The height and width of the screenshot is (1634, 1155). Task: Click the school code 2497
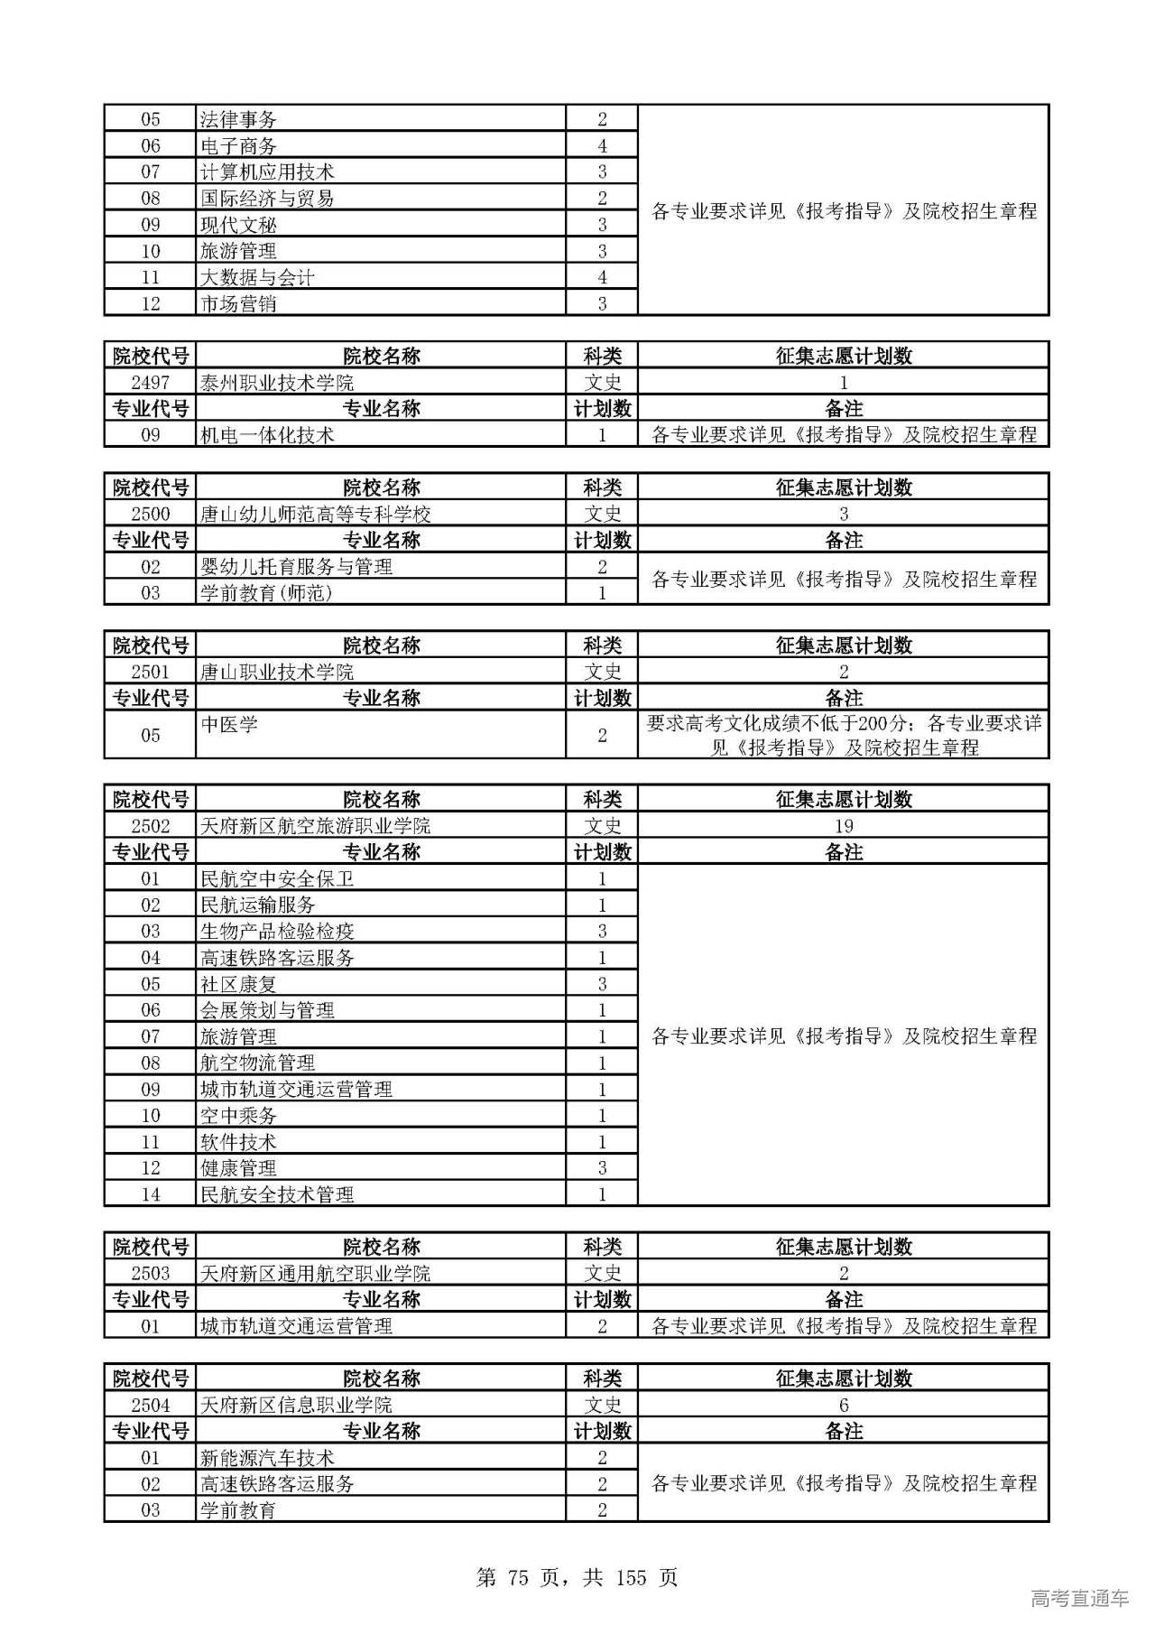150,383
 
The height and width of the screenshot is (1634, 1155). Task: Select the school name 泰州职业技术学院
277,383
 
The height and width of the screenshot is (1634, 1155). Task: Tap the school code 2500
150,515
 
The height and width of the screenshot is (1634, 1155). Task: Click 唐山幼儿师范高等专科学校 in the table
315,515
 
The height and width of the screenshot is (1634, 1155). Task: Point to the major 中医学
229,725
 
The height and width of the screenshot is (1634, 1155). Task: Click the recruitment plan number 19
843,826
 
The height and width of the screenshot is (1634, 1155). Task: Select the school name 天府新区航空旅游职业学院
315,826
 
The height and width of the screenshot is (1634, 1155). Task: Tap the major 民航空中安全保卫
277,879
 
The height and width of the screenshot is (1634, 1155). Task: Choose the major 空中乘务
238,1116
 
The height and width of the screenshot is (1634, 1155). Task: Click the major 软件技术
238,1142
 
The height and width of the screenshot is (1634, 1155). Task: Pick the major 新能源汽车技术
267,1458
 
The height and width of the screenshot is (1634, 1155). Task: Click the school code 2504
150,1406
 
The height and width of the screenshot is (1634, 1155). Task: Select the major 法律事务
238,119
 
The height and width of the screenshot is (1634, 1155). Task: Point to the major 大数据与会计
257,277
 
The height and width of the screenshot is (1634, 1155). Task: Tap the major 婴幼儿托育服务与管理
296,567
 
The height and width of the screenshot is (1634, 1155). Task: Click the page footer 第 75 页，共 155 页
577,1578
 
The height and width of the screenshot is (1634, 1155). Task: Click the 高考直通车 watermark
1079,1599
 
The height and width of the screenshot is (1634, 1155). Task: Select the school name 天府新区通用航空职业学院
315,1274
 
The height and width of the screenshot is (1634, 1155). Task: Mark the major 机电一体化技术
267,435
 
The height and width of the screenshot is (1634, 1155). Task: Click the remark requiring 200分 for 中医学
843,735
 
